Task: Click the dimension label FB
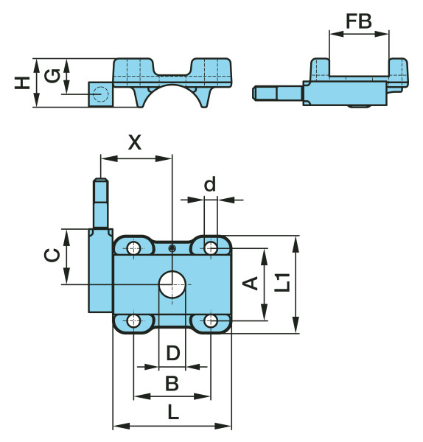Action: point(359,21)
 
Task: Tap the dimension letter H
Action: point(22,83)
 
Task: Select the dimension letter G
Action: point(52,76)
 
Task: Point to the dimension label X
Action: point(135,142)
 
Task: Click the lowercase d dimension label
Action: point(210,183)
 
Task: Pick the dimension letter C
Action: point(52,255)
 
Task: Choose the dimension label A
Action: point(251,284)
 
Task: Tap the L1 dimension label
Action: point(282,282)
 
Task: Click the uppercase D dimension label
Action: point(173,353)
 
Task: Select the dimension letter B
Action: point(172,383)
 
